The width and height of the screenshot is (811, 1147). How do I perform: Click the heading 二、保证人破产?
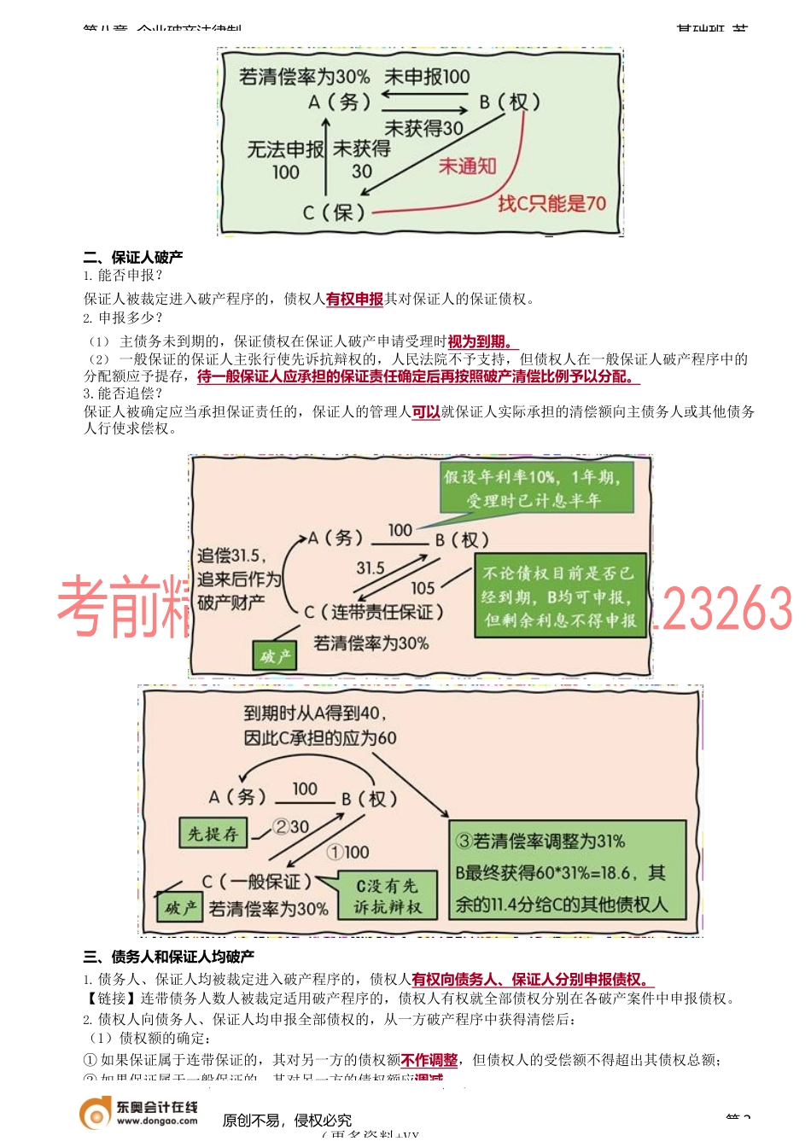(133, 257)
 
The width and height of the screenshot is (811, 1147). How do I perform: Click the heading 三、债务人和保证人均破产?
(169, 957)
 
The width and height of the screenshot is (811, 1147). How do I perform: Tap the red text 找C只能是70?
(551, 203)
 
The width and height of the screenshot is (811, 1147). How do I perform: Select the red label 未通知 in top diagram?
(467, 166)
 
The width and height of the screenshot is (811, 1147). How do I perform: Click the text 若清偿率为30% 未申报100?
(354, 77)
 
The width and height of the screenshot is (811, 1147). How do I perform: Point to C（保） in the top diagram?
(334, 212)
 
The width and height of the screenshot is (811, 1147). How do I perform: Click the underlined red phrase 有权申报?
(354, 299)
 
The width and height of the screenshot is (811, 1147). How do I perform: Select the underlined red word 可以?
(425, 412)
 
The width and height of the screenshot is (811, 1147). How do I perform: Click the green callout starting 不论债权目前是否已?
(559, 597)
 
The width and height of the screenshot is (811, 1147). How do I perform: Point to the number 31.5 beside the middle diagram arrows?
(370, 568)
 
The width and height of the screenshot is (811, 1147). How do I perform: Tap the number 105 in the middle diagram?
(423, 588)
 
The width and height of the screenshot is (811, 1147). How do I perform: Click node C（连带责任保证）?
(374, 612)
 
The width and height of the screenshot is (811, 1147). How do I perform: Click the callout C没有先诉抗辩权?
(387, 896)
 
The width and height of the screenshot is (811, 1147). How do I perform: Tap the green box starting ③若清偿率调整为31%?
(567, 871)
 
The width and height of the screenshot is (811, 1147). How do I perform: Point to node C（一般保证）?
(256, 882)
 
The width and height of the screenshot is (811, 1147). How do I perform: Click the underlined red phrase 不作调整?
(429, 1060)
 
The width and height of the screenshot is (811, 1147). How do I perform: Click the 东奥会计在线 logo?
(139, 1114)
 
